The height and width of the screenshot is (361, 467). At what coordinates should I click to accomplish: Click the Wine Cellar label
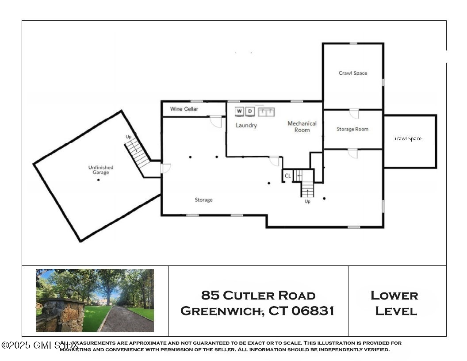click(184, 109)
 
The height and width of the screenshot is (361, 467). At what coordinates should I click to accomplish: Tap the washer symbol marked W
click(239, 111)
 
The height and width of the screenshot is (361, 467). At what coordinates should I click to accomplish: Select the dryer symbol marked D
click(250, 111)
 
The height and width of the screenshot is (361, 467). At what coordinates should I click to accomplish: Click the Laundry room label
click(246, 126)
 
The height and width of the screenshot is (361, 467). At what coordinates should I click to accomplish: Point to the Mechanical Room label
click(302, 127)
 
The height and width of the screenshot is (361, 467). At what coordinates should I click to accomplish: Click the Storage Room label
click(352, 129)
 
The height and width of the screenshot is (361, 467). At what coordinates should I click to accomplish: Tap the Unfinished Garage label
click(101, 170)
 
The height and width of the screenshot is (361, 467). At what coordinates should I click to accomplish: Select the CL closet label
click(287, 176)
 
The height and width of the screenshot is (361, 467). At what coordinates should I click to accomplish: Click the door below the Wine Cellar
click(215, 121)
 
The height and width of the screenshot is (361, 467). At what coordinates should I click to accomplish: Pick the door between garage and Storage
click(165, 169)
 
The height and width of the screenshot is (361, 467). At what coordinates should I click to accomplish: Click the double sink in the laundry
click(267, 111)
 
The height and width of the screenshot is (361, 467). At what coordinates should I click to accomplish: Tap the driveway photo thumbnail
click(95, 300)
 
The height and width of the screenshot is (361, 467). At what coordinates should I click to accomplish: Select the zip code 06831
click(313, 311)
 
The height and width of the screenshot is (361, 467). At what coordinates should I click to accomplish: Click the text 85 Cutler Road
click(258, 295)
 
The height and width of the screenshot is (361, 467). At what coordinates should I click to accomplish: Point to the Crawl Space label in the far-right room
click(408, 139)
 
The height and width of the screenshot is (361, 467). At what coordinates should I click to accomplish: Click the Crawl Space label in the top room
click(353, 73)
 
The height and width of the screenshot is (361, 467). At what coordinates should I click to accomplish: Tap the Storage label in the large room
click(203, 200)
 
